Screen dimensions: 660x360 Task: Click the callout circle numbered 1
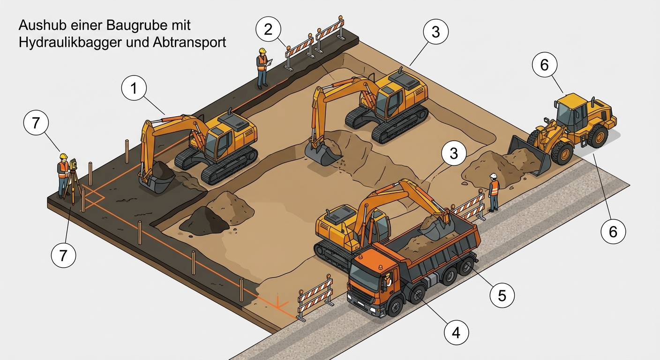(134, 88)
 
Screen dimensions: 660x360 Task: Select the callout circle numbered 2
(268, 29)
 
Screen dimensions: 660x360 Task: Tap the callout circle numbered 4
(456, 332)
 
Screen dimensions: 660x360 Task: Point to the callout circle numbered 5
(502, 295)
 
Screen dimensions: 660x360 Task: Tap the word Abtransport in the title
(190, 42)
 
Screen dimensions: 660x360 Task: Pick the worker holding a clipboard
(262, 68)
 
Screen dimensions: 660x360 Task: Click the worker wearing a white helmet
(494, 193)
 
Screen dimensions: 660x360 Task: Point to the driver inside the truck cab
(388, 280)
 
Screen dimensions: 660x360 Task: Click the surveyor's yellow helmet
(64, 156)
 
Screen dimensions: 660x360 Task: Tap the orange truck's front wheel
(396, 307)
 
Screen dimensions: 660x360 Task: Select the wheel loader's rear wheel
(598, 136)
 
